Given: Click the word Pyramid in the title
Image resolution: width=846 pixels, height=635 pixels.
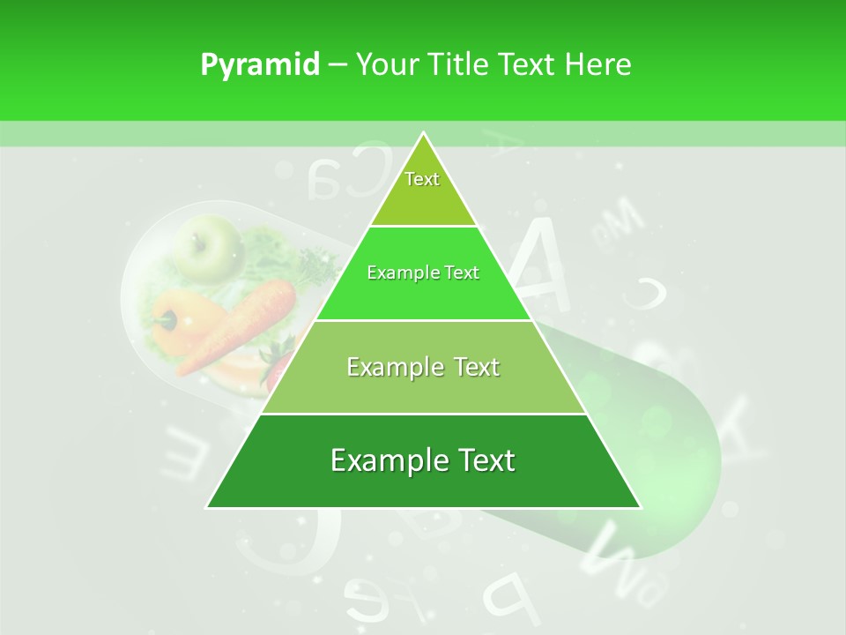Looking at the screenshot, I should click(x=259, y=65).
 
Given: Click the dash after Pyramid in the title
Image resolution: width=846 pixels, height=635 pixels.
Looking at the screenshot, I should click(x=337, y=65).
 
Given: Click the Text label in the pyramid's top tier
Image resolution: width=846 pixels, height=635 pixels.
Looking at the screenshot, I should click(x=422, y=179).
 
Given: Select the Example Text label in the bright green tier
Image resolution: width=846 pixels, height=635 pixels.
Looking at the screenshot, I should click(x=423, y=273).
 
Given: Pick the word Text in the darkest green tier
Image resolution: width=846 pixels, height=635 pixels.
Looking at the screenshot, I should click(x=484, y=460).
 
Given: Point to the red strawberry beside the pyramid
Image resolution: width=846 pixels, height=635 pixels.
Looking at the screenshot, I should click(x=276, y=363).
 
